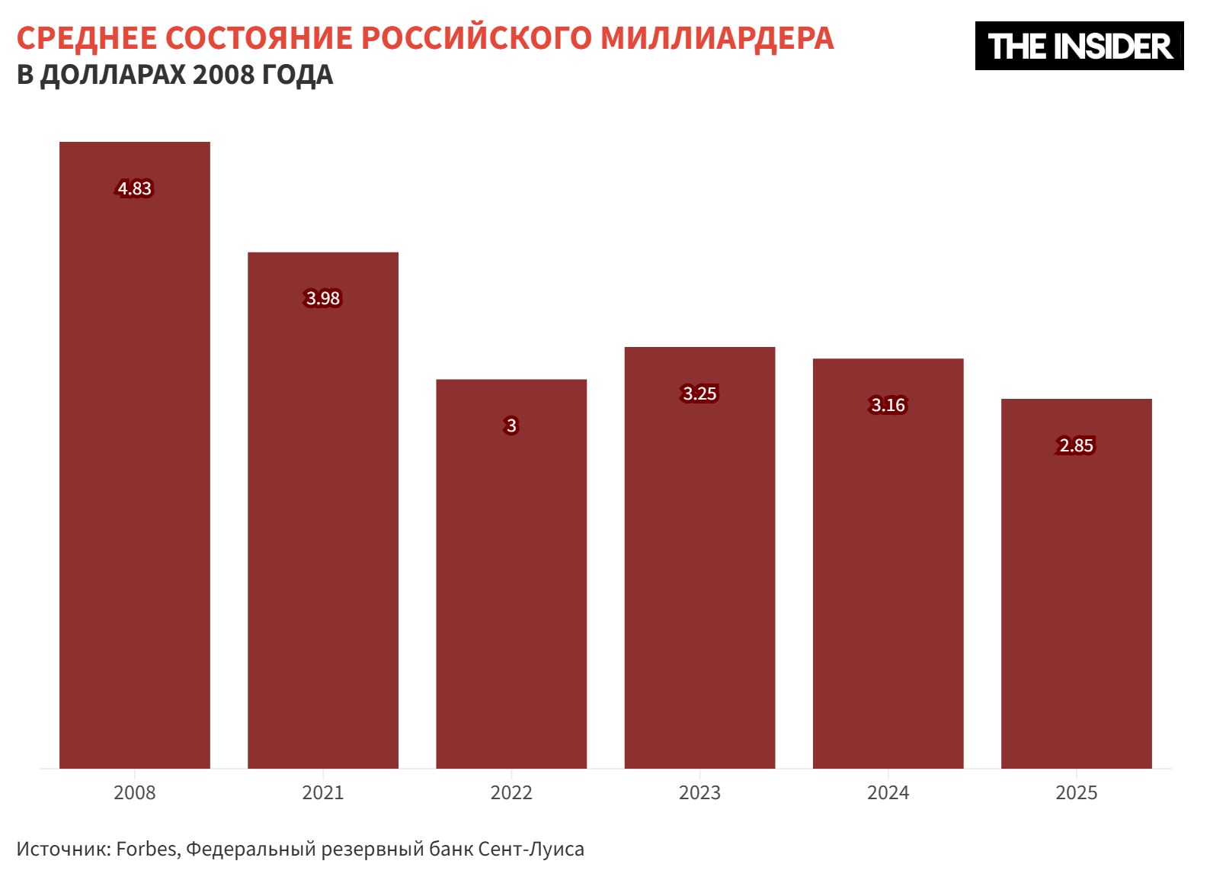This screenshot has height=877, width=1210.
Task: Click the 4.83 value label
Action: click(135, 188)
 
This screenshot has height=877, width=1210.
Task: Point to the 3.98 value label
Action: click(323, 298)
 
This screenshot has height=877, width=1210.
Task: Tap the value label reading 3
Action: click(511, 426)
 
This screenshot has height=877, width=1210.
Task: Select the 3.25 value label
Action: click(699, 394)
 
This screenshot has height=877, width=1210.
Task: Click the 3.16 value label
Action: click(888, 405)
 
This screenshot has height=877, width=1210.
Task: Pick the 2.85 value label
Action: click(1076, 445)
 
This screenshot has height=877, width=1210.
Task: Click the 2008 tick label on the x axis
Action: click(135, 793)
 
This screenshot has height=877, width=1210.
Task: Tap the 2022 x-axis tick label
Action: click(511, 793)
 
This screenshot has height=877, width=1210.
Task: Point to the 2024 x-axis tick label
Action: click(888, 793)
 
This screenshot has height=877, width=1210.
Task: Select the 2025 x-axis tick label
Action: click(1076, 793)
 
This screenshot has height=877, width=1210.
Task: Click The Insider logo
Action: click(1079, 47)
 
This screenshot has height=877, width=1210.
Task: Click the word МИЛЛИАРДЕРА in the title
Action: click(717, 38)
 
